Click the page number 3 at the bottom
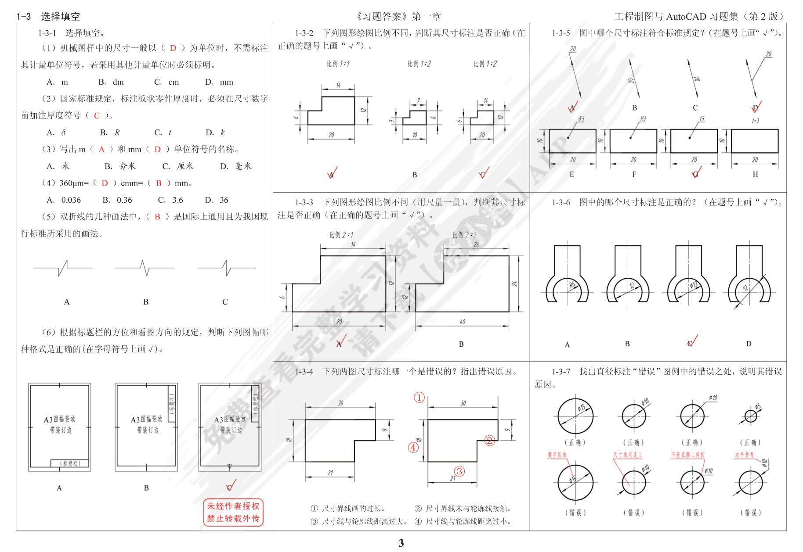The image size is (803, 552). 401,543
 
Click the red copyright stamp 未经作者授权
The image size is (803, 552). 233,512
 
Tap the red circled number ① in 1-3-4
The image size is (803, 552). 420,398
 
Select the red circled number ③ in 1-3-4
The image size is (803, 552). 459,471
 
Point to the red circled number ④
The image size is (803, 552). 413,448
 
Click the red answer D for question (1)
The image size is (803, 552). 173,48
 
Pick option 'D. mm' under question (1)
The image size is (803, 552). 219,82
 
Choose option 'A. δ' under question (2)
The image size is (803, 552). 57,133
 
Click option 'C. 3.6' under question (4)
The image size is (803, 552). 170,200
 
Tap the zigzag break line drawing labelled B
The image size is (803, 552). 145,267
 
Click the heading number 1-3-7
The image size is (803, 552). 561,372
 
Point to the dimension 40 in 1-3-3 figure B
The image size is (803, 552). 462,322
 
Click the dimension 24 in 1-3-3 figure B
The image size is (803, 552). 514,283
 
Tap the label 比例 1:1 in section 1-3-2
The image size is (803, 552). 338,64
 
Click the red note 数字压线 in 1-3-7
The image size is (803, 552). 557,455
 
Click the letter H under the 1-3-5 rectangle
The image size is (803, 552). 755,174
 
